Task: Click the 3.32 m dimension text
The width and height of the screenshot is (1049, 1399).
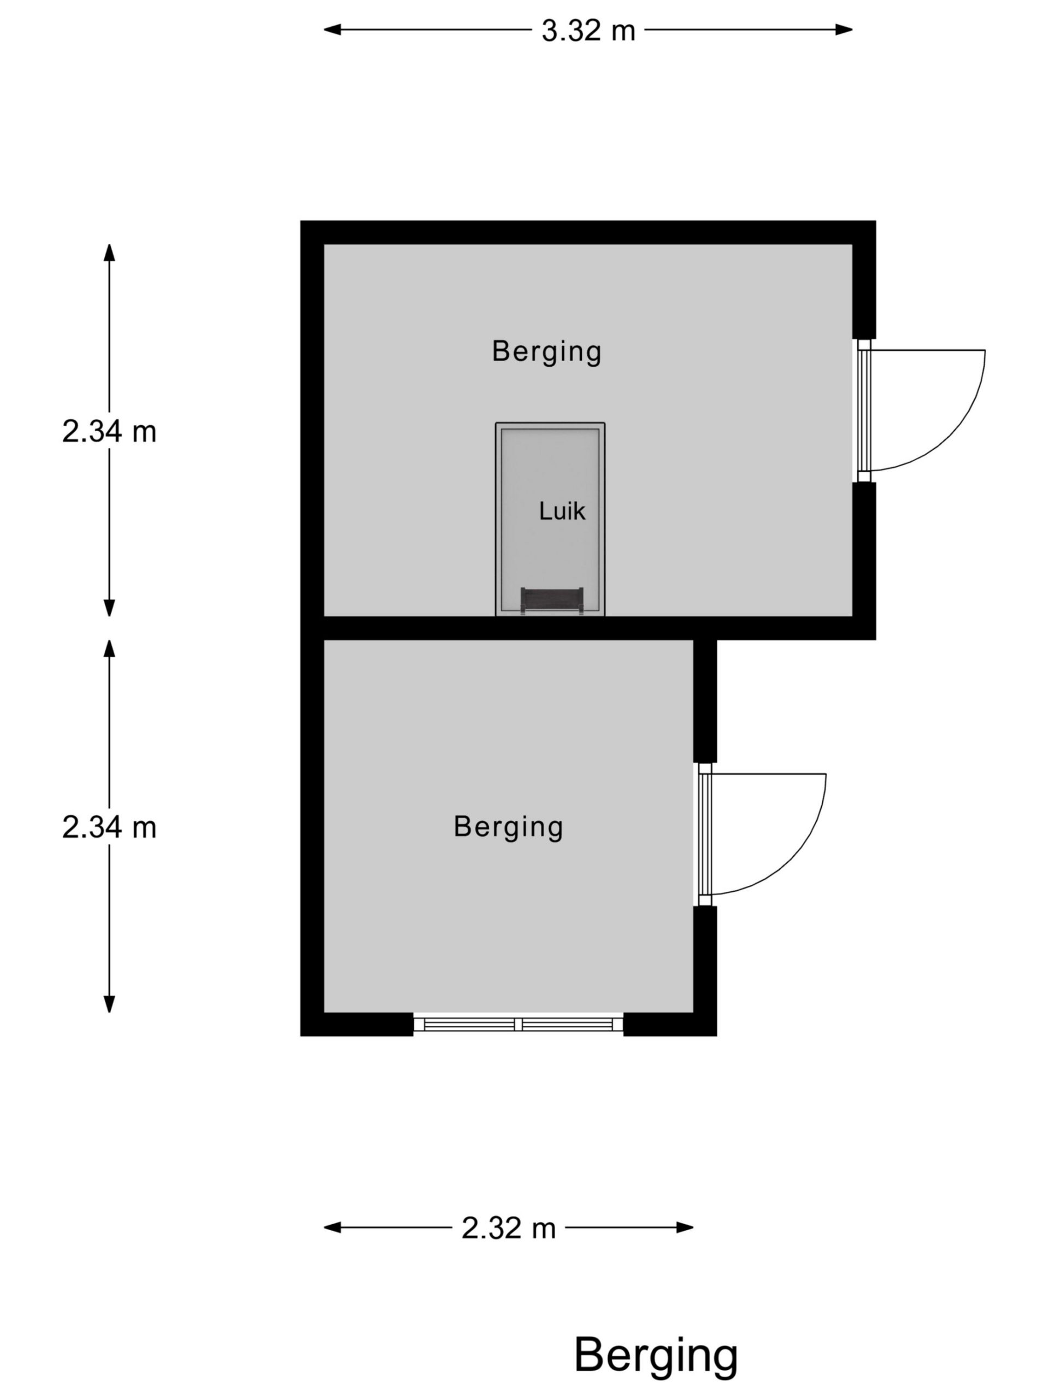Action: click(x=588, y=31)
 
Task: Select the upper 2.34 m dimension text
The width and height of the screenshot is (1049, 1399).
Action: click(x=109, y=431)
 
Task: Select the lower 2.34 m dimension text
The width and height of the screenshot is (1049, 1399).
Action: click(x=109, y=827)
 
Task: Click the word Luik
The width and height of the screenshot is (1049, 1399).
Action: click(x=562, y=511)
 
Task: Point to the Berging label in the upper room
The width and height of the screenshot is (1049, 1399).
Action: click(x=546, y=351)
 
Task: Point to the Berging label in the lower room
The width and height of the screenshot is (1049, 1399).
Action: click(x=508, y=827)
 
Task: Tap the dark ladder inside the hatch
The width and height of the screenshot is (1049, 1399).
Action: click(x=551, y=600)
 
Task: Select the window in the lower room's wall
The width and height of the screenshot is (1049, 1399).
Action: click(x=518, y=1025)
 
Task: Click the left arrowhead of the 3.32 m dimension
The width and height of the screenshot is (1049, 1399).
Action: click(x=333, y=30)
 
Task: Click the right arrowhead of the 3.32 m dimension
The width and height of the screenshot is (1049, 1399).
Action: click(x=844, y=30)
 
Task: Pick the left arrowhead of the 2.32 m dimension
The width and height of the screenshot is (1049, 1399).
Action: click(x=333, y=1227)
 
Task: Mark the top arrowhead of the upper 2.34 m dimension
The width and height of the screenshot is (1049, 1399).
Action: click(x=109, y=252)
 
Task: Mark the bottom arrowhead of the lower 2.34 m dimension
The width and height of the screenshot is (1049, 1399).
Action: click(x=109, y=1004)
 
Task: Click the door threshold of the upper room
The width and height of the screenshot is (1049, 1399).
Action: click(x=864, y=410)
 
